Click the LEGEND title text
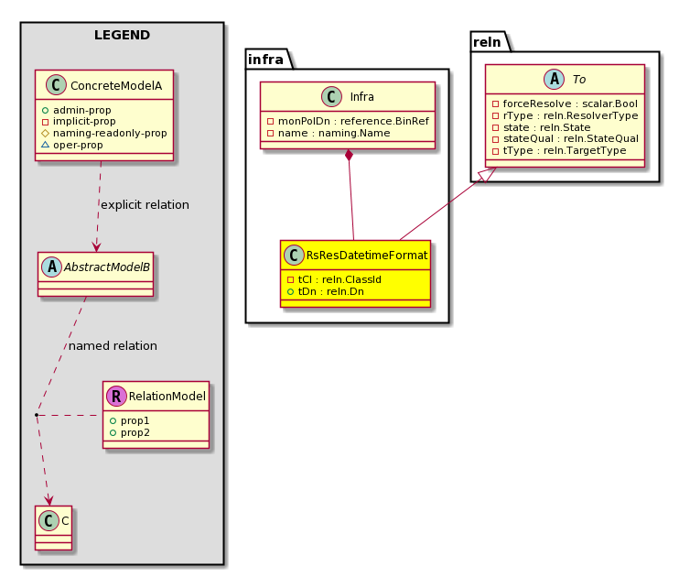[x=122, y=35]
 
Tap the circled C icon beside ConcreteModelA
[x=57, y=85]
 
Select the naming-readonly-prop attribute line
[x=104, y=133]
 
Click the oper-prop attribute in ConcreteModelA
[x=72, y=145]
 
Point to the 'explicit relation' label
[x=145, y=205]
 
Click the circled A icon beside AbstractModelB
[x=52, y=267]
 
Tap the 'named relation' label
[x=113, y=346]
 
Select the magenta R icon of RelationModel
[x=116, y=396]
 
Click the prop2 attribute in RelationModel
[x=130, y=432]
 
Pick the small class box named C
[x=53, y=528]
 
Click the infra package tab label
[x=265, y=59]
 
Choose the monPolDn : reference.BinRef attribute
[x=348, y=121]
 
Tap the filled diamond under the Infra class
[x=349, y=156]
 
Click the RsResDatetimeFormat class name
[x=367, y=255]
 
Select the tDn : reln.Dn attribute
[x=325, y=291]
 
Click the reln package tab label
[x=487, y=42]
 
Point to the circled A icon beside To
[x=554, y=80]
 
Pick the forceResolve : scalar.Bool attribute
[x=565, y=103]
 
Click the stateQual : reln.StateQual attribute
[x=566, y=138]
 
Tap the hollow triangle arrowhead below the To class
[x=488, y=174]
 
